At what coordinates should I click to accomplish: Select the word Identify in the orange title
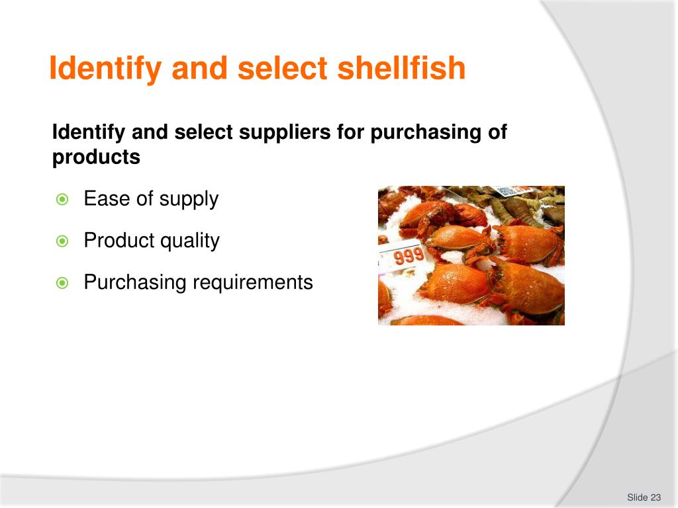[x=106, y=69]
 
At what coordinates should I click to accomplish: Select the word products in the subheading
[x=96, y=158]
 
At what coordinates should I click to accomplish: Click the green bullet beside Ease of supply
[x=62, y=200]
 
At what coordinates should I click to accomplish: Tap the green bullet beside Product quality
[x=62, y=241]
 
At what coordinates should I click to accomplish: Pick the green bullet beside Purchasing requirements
[x=62, y=284]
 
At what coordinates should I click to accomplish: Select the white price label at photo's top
[x=506, y=190]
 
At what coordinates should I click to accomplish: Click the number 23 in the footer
[x=656, y=497]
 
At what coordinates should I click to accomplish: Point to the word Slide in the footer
[x=637, y=497]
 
